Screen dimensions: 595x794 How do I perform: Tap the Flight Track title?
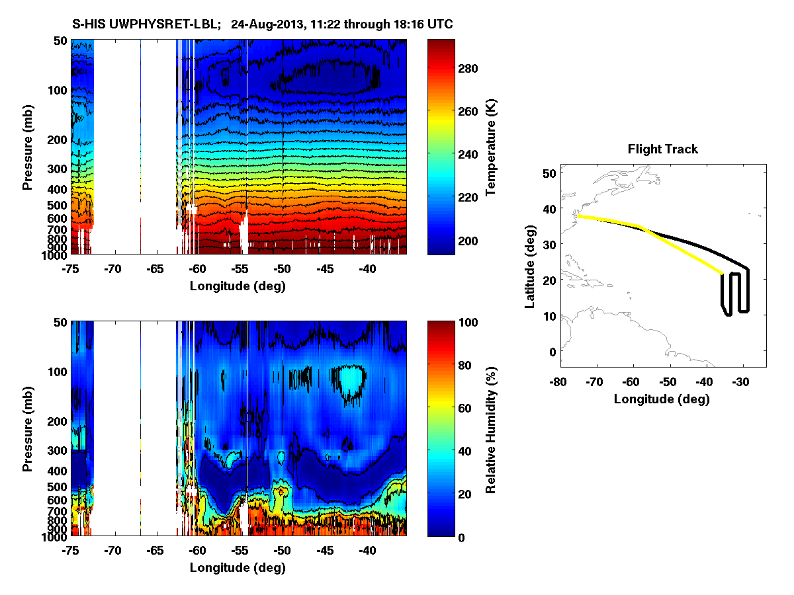[662, 149]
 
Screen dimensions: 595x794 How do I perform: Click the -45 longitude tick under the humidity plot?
[325, 551]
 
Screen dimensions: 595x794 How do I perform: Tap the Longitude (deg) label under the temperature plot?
[238, 286]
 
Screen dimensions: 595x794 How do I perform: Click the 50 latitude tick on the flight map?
[548, 173]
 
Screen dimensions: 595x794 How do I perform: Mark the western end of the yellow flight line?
[578, 216]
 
